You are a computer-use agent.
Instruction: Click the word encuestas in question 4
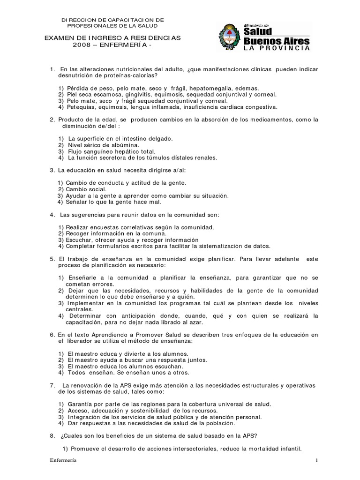(111, 227)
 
